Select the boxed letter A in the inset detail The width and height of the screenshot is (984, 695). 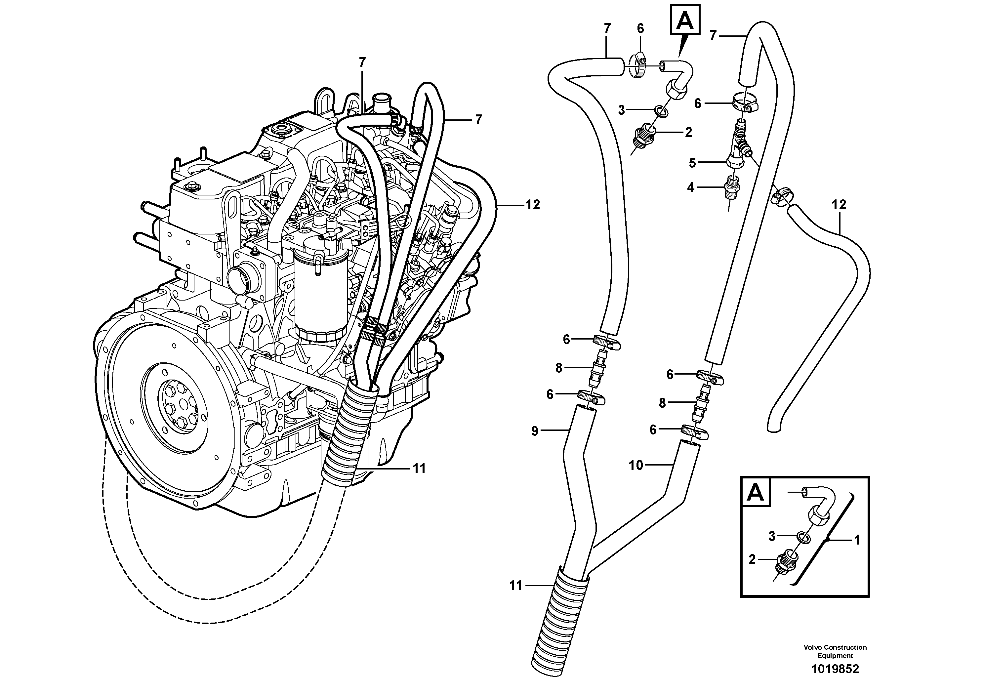(755, 492)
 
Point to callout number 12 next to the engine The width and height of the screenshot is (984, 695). (532, 205)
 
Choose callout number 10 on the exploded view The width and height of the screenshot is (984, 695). (635, 465)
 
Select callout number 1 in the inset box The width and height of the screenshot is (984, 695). (857, 540)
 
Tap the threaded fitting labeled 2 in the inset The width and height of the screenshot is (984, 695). (786, 562)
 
